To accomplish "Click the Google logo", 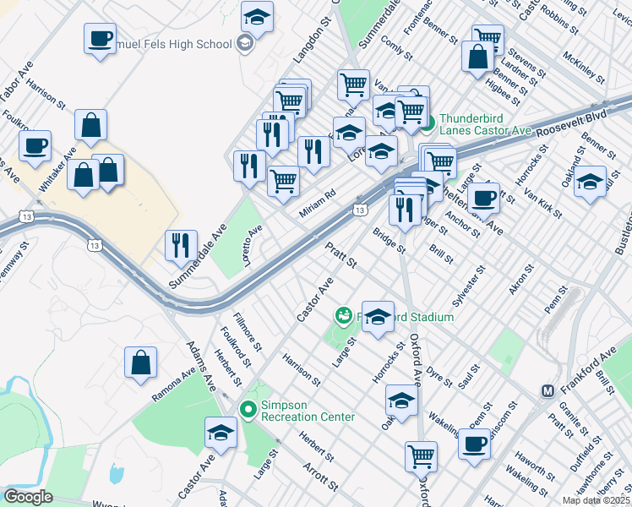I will (x=28, y=497).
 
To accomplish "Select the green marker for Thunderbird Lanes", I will (x=428, y=124).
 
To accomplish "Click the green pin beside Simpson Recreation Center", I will (x=248, y=410).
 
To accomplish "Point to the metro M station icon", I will (x=548, y=391).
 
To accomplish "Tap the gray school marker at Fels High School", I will (x=245, y=44).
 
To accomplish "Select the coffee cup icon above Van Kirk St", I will (x=483, y=198).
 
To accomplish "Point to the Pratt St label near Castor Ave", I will (x=342, y=256).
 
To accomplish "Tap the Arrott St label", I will (x=320, y=477).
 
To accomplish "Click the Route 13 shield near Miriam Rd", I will (x=360, y=210).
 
